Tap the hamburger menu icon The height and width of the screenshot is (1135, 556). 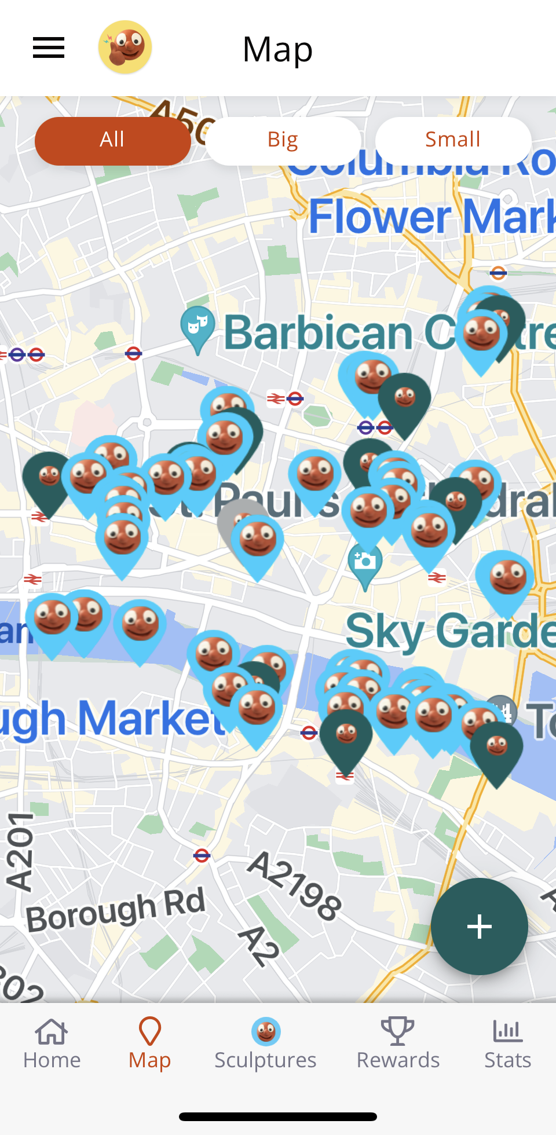click(49, 48)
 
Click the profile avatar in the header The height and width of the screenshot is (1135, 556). click(125, 47)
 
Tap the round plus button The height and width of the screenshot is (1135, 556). click(479, 927)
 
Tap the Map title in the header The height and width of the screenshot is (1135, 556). click(277, 49)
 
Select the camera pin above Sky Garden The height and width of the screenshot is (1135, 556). click(365, 564)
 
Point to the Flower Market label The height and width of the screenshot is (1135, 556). click(431, 217)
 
